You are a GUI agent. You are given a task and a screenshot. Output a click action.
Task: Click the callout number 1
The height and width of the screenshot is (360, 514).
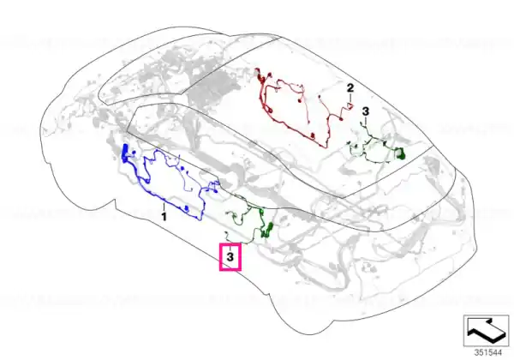164,217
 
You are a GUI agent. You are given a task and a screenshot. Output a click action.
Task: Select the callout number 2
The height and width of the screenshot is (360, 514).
350,88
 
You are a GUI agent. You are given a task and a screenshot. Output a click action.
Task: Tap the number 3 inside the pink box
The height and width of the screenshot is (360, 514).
230,257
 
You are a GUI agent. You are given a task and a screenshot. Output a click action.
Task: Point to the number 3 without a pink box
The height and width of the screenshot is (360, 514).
365,111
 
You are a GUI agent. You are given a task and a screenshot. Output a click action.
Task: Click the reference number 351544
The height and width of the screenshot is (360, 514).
487,353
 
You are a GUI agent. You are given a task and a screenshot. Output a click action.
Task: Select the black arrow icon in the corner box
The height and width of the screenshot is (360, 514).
486,329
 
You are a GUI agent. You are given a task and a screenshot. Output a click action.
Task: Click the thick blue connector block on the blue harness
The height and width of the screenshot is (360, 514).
125,153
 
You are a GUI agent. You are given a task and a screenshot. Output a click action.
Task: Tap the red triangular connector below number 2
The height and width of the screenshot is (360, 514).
350,105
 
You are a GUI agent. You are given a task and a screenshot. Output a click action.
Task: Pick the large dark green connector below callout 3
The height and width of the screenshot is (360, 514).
400,153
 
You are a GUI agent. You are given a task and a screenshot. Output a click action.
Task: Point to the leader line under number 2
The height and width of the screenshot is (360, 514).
350,98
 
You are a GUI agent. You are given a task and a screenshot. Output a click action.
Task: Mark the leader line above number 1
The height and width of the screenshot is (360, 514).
164,207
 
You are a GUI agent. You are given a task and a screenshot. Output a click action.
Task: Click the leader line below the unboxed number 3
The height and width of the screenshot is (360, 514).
365,121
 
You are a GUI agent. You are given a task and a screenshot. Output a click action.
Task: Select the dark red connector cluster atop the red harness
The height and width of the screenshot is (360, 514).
261,76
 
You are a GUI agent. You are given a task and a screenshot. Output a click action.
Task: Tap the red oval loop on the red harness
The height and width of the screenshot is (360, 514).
270,111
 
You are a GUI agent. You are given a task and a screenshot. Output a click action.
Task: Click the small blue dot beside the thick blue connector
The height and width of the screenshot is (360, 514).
134,153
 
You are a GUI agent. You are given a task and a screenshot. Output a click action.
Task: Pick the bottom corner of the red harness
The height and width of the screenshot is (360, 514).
326,147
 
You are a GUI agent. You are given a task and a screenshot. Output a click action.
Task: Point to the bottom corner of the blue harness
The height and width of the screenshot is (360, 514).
201,219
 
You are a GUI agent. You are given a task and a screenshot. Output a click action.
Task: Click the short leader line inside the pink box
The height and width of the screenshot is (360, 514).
230,249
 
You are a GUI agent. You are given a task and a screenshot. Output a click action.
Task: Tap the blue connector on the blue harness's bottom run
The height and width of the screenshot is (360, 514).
187,208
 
